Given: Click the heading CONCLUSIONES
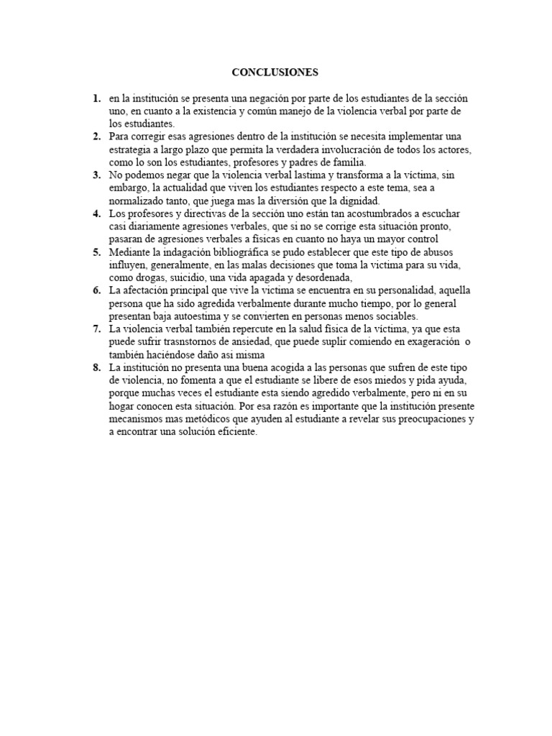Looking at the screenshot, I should tap(275, 73).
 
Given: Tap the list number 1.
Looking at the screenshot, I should tap(96, 98).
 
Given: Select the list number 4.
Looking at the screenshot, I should tap(96, 213).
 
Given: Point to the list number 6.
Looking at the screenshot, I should tap(96, 290).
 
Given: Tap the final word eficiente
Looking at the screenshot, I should tap(233, 433).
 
